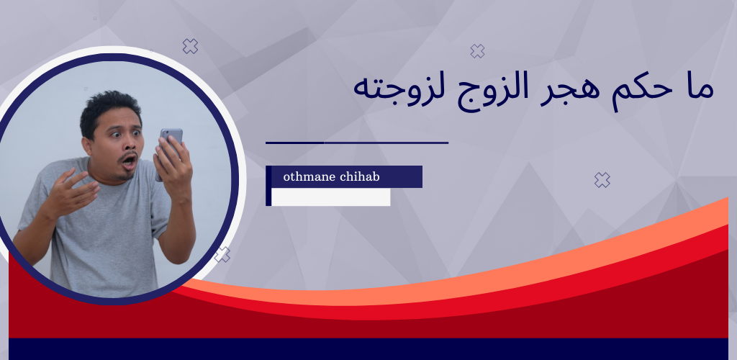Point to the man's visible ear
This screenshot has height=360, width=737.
click(x=87, y=146)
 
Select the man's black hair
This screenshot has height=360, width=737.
click(x=109, y=110)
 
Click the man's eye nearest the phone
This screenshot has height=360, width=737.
click(x=137, y=133)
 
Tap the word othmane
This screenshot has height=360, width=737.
click(x=308, y=176)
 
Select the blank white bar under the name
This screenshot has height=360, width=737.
click(x=331, y=197)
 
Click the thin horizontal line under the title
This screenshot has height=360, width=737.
click(x=357, y=143)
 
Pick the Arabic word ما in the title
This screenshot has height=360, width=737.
click(x=700, y=88)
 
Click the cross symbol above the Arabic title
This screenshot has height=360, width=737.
click(x=478, y=50)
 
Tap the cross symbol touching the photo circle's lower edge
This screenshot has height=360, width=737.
click(x=222, y=255)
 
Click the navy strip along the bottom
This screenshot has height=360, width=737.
click(x=368, y=348)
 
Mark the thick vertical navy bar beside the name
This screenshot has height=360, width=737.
click(x=268, y=186)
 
